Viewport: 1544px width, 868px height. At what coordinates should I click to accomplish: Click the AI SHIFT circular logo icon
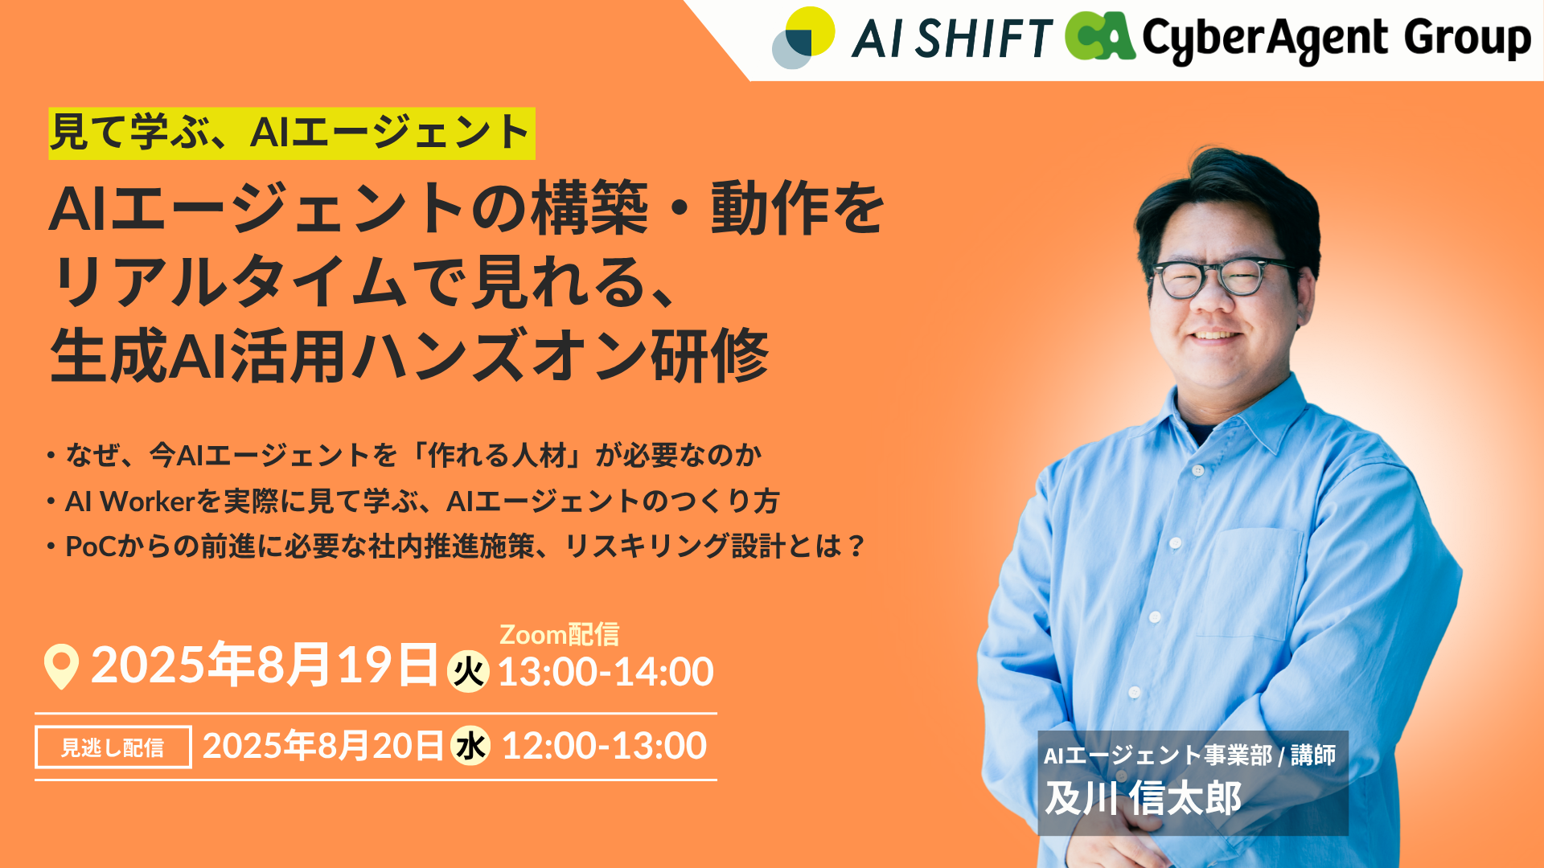point(803,38)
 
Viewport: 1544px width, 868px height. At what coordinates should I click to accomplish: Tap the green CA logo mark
point(1100,36)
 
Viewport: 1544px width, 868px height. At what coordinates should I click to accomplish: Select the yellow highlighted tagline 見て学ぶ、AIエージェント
point(291,133)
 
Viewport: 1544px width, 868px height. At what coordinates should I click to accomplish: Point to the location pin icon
point(61,666)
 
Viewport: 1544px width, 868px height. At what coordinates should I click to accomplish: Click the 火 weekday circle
point(468,671)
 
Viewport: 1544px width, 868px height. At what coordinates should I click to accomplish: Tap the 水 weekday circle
point(470,746)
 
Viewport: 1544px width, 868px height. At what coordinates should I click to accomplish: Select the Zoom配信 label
point(560,635)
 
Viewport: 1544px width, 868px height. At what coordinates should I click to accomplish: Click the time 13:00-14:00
point(606,672)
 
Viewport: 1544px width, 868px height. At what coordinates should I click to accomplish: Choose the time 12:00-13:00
point(604,746)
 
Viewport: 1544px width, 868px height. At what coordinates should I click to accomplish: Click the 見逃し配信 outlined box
point(113,747)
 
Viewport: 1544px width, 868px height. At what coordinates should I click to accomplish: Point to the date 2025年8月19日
point(265,665)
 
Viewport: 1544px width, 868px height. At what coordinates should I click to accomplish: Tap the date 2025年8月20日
point(322,746)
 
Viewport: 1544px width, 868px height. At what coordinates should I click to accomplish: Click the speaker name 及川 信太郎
point(1143,799)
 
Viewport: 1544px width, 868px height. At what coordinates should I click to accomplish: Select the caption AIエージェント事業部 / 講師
point(1189,755)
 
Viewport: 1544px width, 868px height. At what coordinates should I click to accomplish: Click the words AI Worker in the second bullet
point(130,502)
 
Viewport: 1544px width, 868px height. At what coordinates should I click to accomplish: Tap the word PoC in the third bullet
point(91,547)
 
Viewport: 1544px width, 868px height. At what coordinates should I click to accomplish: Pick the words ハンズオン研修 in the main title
point(560,356)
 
